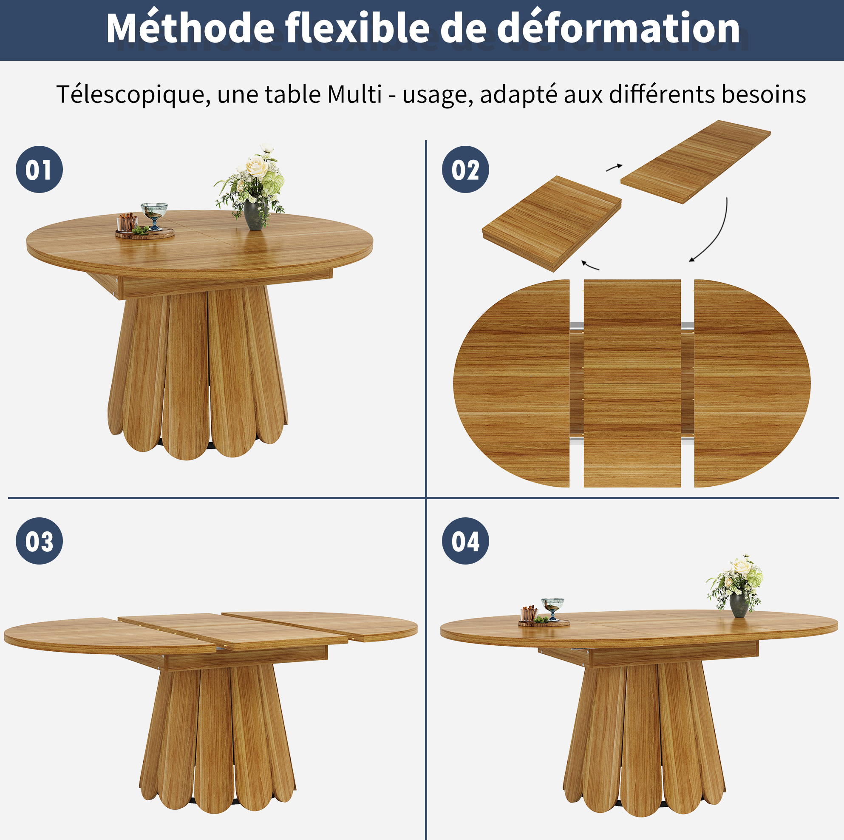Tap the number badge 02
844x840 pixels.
465,170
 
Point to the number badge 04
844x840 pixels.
465,541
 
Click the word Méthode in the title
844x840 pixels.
190,28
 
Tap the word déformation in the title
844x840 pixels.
618,28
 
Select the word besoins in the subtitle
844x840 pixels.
764,94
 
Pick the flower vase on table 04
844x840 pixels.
739,604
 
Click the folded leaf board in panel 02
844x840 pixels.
552,224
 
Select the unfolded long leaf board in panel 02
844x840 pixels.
695,162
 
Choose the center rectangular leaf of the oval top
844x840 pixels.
632,383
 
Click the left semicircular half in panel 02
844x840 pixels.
512,383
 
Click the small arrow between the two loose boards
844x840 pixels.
614,167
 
